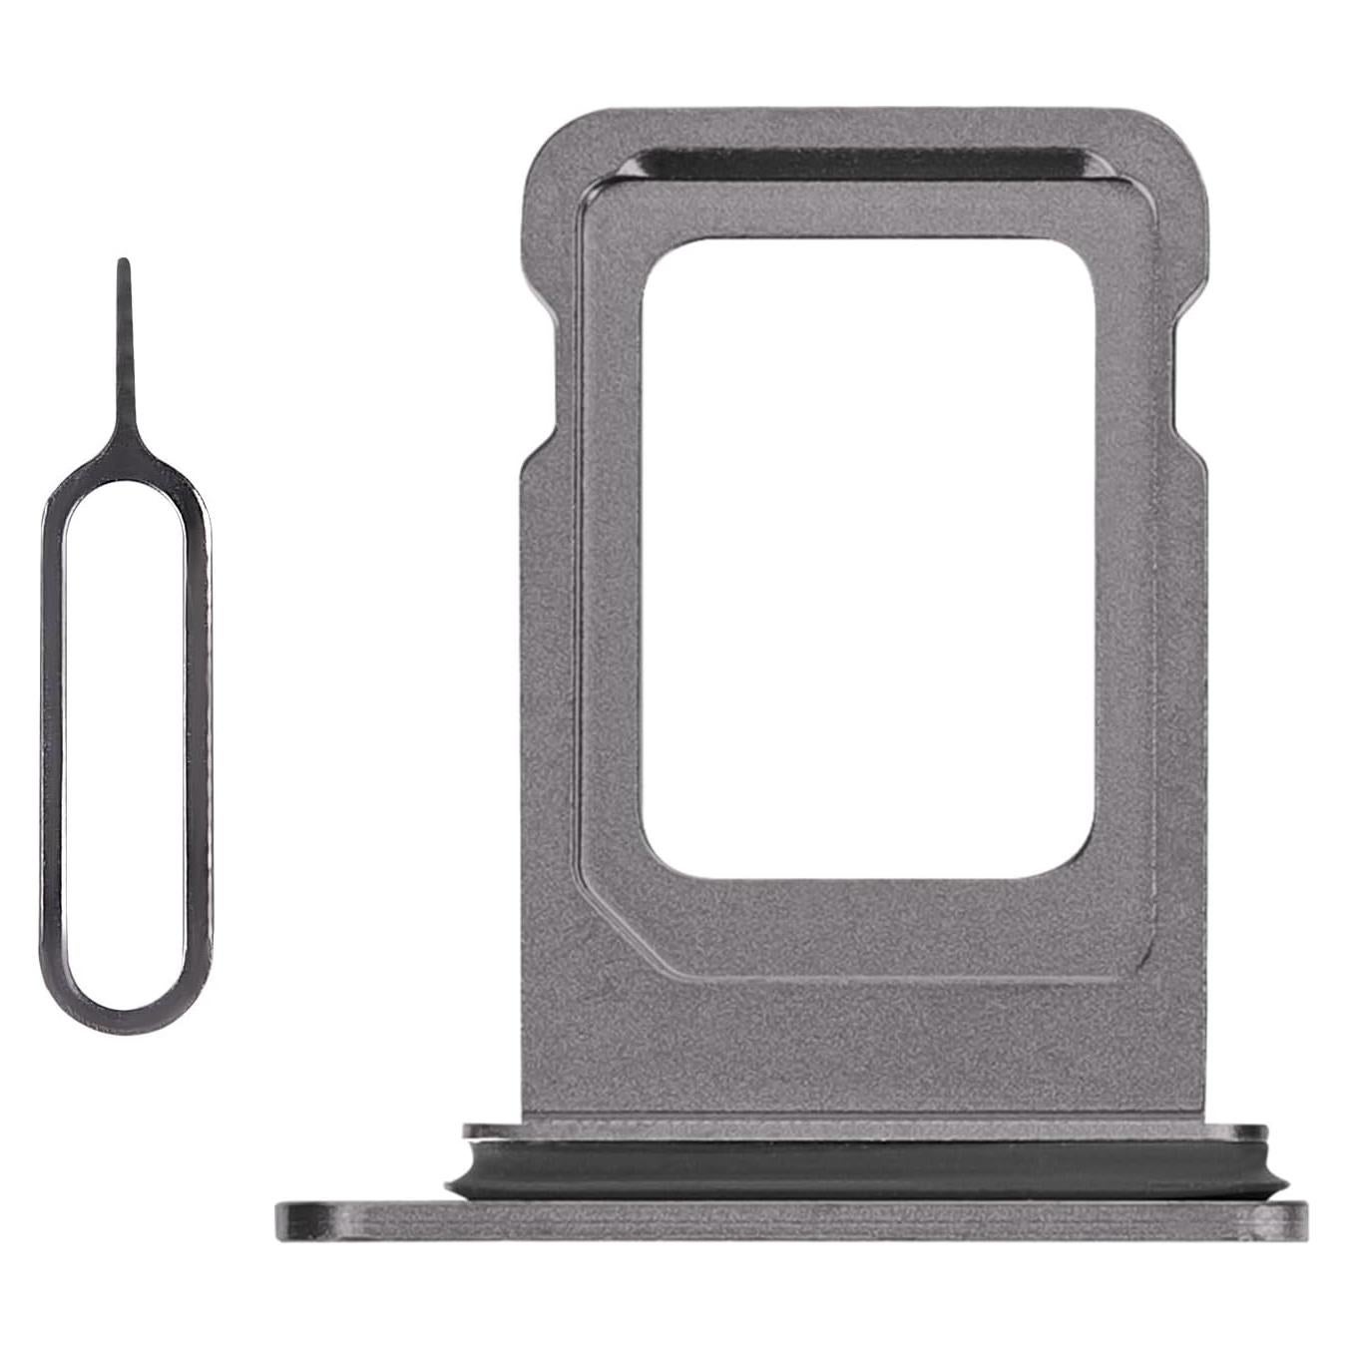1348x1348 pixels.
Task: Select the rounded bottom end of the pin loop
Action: pos(127,998)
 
